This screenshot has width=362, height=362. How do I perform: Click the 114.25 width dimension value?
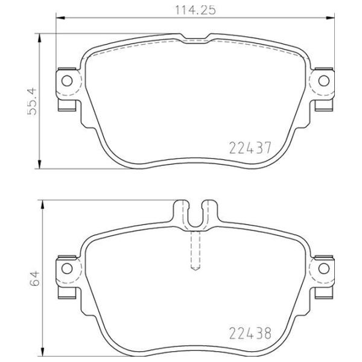(195, 10)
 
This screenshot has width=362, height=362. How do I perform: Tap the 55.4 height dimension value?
(32, 101)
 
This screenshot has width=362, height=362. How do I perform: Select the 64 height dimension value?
(34, 279)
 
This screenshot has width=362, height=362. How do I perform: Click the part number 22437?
(250, 148)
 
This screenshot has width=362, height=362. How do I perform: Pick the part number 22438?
(250, 334)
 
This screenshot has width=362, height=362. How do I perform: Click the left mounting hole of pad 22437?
(67, 81)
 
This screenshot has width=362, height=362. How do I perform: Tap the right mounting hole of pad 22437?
(323, 81)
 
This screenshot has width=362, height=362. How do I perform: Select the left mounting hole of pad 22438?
(67, 268)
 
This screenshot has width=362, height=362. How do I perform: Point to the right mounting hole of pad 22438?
(323, 268)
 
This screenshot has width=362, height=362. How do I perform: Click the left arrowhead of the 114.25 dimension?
(60, 17)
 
